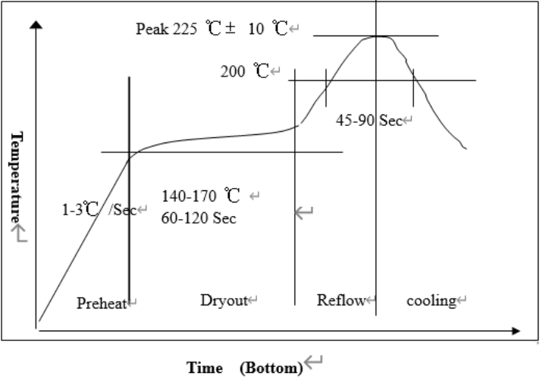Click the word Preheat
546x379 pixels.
[102, 303]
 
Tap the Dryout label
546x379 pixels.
[224, 301]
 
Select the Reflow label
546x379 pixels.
[341, 301]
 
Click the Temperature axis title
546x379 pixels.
[16, 177]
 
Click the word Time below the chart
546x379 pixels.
[205, 368]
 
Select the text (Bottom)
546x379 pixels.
[271, 368]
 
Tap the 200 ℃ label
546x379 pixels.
[245, 72]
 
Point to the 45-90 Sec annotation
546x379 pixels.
[369, 121]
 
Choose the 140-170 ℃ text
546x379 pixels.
[200, 196]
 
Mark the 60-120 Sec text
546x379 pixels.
[198, 218]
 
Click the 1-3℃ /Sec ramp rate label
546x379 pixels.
[98, 209]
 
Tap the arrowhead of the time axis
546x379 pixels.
[516, 331]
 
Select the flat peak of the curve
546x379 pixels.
[377, 36]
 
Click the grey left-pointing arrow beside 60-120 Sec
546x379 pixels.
[304, 213]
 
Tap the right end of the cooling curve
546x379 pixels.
[465, 148]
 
